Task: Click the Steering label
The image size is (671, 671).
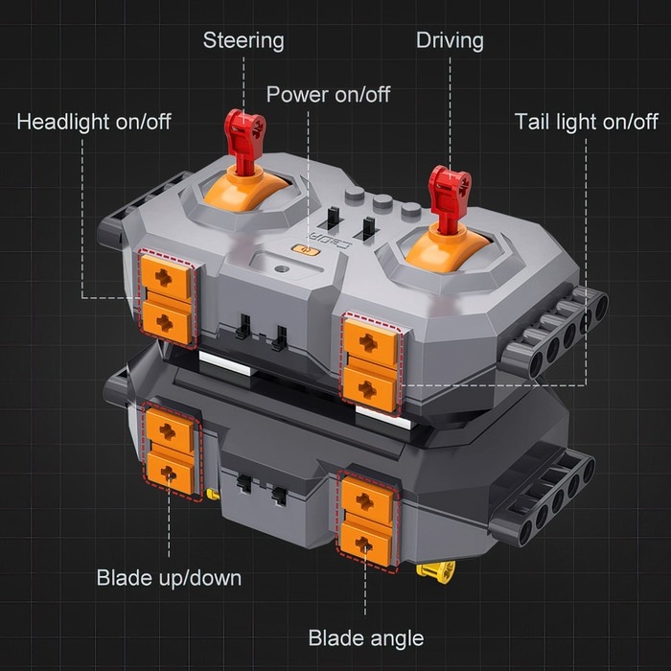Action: coord(243,40)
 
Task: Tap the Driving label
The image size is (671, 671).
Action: coord(450,40)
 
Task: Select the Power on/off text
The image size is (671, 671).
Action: coord(328,94)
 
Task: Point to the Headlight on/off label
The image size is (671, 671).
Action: coord(94,122)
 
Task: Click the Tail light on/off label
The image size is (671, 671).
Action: coord(586,122)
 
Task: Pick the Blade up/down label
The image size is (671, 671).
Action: coord(169,578)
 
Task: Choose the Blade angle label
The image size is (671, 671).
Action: coord(366,638)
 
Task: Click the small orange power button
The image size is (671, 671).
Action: coord(306,249)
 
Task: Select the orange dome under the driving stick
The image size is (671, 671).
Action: coord(448,250)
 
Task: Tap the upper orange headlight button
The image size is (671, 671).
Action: coord(166,276)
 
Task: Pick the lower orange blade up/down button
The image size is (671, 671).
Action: coord(170,473)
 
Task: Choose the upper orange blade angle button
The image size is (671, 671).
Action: coord(367,500)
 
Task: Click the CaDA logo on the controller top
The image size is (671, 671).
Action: coord(332,241)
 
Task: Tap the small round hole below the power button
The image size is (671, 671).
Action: coord(281,269)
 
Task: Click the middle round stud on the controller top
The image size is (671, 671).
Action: coord(382,201)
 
